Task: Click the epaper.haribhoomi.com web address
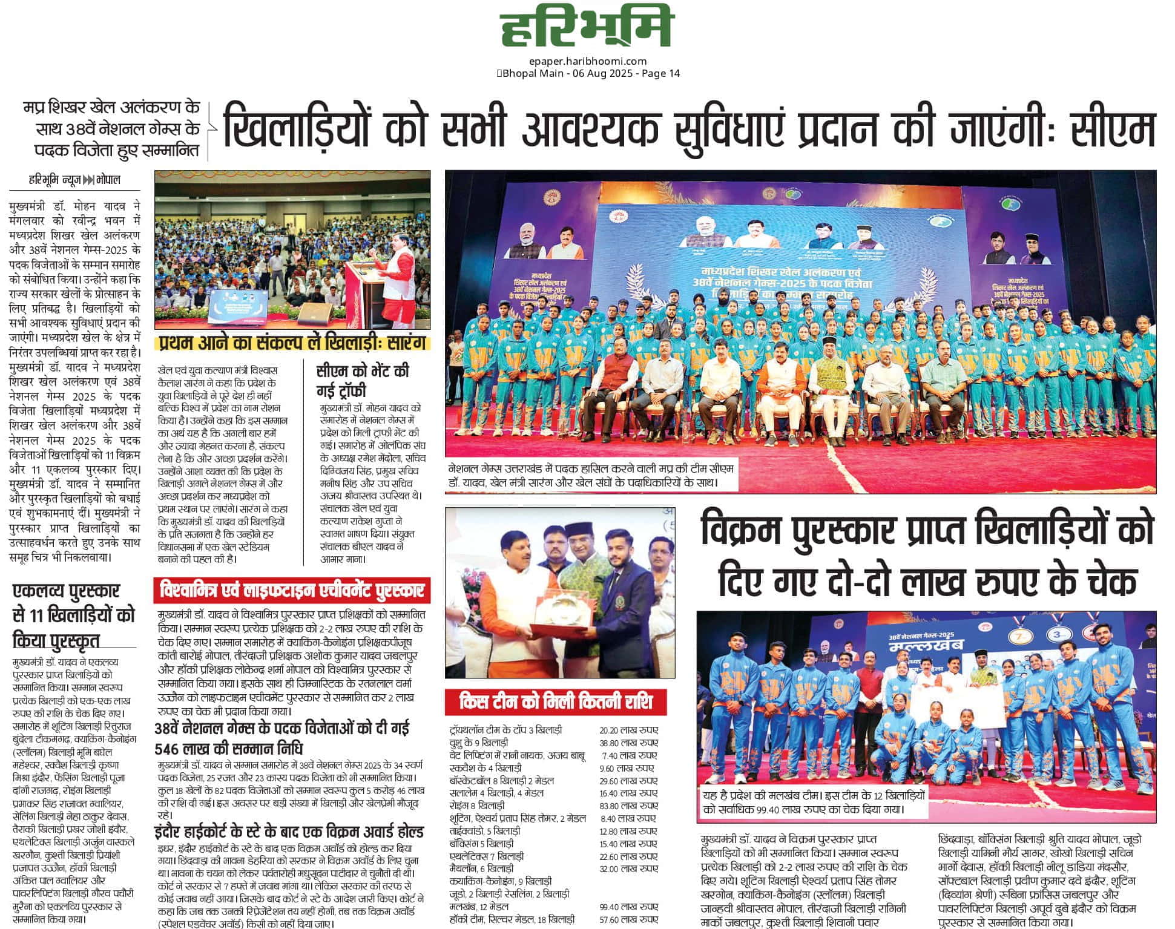[x=587, y=61]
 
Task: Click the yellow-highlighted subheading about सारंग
[x=293, y=343]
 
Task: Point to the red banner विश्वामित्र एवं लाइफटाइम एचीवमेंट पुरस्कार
[x=292, y=589]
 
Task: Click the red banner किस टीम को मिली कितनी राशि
[x=555, y=702]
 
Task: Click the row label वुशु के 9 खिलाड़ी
[x=478, y=743]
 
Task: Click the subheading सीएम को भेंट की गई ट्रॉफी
[x=362, y=380]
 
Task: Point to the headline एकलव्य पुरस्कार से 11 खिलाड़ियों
[x=73, y=614]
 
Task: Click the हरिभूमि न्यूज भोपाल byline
[x=74, y=180]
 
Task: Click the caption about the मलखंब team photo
[x=812, y=802]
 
